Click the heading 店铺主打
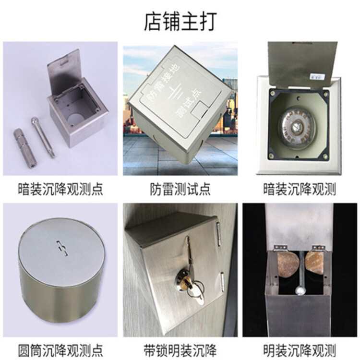180,22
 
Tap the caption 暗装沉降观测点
60,189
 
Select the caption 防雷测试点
180,189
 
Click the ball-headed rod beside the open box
43,137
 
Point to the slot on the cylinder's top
62,248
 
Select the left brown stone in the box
288,265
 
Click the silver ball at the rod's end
300,291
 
